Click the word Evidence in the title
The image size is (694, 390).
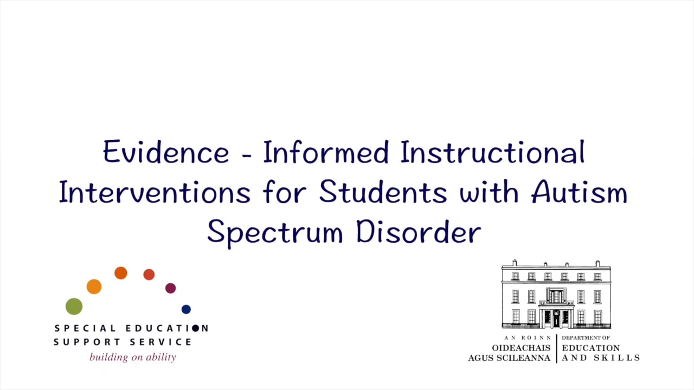pos(166,152)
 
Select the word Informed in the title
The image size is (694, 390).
pos(326,152)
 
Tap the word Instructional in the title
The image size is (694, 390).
pos(492,152)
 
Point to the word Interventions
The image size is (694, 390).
pos(155,193)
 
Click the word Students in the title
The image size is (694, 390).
pos(382,193)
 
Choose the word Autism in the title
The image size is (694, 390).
pos(579,193)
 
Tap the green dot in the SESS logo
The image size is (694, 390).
pos(74,306)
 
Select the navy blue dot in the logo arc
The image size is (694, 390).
pos(186,309)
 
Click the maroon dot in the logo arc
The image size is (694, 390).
pos(170,288)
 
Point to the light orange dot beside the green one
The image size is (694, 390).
pos(94,287)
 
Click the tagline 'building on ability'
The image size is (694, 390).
pos(133,357)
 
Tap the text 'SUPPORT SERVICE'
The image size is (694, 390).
pos(123,342)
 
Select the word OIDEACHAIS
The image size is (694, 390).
pos(521,348)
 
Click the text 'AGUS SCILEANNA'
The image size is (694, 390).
pos(509,358)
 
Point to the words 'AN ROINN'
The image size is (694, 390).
pos(527,338)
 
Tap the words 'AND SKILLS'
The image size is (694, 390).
pos(601,358)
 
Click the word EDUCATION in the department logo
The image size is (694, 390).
pos(590,348)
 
